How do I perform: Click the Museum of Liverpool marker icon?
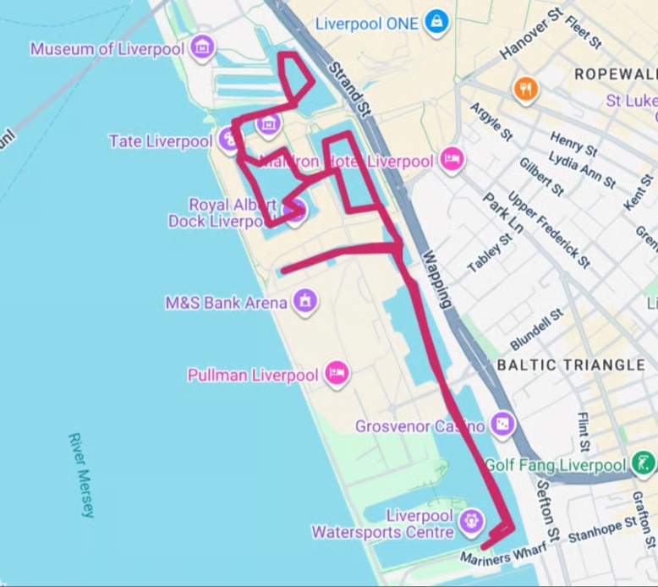(x=201, y=47)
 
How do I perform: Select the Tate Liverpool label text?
(x=161, y=141)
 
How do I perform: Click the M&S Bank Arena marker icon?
(x=304, y=300)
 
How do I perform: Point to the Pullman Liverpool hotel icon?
(x=337, y=374)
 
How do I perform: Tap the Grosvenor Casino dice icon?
(x=502, y=425)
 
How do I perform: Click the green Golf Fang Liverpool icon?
(x=643, y=464)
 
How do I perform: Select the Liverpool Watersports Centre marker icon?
(x=470, y=518)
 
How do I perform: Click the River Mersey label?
(x=82, y=475)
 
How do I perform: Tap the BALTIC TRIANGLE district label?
(x=571, y=365)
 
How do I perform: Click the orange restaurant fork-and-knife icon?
(x=525, y=89)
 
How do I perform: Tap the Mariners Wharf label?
(x=498, y=556)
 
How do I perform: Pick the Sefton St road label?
(x=546, y=517)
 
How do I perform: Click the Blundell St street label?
(x=536, y=330)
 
